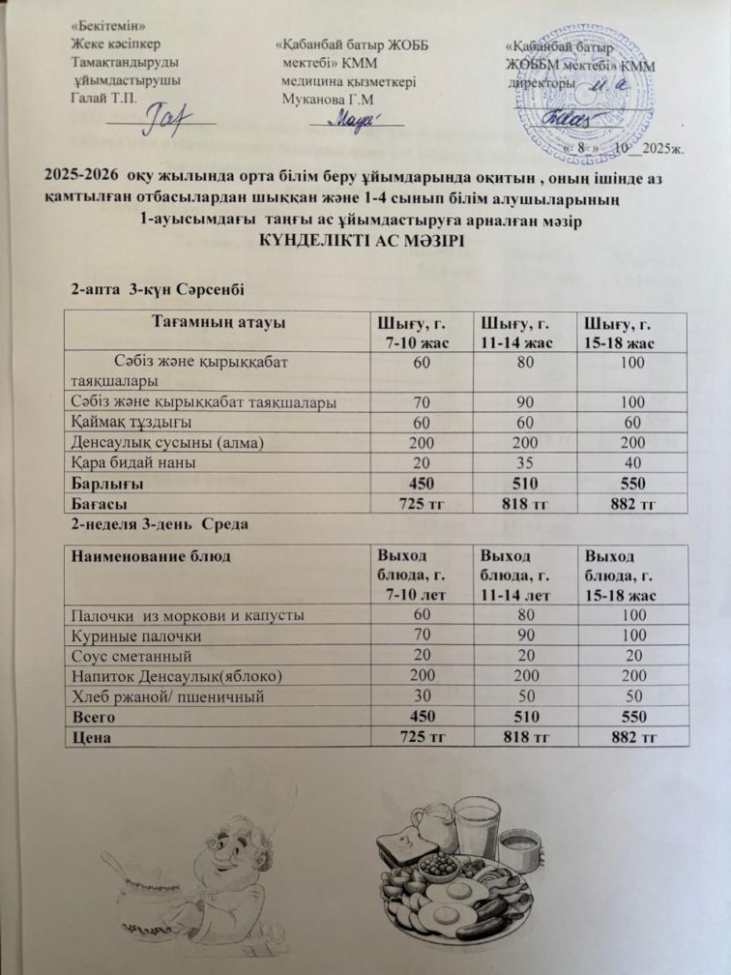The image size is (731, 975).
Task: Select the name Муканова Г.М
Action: [x=327, y=100]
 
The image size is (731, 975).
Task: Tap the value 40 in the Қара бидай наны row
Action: [x=632, y=462]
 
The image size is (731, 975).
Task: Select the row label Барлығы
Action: [x=103, y=483]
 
